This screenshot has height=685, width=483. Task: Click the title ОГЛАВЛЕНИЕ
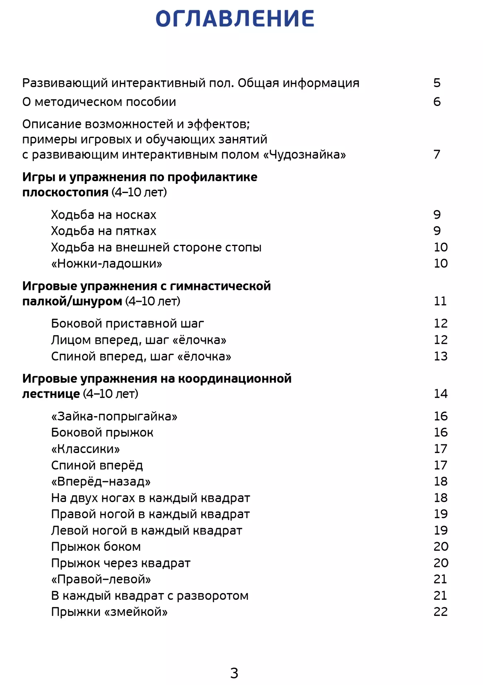235,19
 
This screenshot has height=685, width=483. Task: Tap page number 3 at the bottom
234,673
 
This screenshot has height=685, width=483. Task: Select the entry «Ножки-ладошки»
106,263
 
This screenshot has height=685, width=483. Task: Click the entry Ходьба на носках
104,215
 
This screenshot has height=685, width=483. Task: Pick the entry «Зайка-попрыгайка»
114,416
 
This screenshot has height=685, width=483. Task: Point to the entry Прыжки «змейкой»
109,612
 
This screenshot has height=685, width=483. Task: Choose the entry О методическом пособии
99,102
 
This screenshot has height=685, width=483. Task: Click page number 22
440,612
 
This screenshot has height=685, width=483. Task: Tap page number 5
437,83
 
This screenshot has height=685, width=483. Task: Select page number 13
440,356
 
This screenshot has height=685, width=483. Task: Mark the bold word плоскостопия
65,193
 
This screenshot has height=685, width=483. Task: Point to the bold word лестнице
51,394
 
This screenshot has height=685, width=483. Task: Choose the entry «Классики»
85,449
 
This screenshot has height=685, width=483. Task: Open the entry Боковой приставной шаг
128,323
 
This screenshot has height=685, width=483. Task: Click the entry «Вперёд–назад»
101,481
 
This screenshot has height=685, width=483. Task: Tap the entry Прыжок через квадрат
121,563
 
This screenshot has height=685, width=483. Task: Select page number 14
440,393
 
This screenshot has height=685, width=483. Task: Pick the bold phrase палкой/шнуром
72,301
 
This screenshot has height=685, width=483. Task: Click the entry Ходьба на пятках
104,231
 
